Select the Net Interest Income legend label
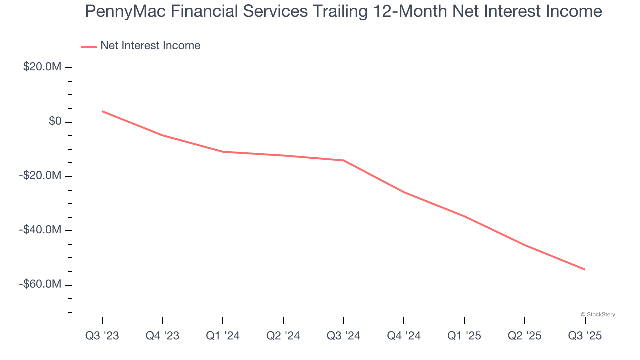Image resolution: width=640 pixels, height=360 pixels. [150, 46]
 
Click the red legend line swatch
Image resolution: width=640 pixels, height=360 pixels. [89, 46]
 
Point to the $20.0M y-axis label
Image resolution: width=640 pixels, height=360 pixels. [42, 67]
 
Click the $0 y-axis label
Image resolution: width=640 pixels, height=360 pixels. [55, 121]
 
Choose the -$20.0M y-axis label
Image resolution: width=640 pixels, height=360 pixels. [40, 176]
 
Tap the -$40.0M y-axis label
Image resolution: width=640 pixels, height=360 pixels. [40, 230]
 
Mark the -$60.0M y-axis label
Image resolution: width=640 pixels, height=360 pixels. [40, 284]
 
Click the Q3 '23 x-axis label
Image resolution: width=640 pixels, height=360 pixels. [102, 336]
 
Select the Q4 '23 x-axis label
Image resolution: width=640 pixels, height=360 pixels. [162, 336]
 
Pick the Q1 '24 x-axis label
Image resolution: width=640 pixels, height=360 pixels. [223, 336]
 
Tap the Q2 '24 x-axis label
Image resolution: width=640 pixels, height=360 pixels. [283, 336]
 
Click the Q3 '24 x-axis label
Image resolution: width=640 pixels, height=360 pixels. [343, 336]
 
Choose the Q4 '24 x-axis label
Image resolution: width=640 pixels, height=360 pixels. [404, 336]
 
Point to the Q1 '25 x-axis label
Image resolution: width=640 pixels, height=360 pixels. [464, 336]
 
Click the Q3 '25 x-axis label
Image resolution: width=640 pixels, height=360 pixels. [585, 336]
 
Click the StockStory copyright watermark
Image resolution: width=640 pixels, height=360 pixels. [598, 314]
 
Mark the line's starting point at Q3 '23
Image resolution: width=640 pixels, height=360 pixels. [102, 111]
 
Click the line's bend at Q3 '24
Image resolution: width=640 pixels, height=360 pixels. [344, 160]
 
